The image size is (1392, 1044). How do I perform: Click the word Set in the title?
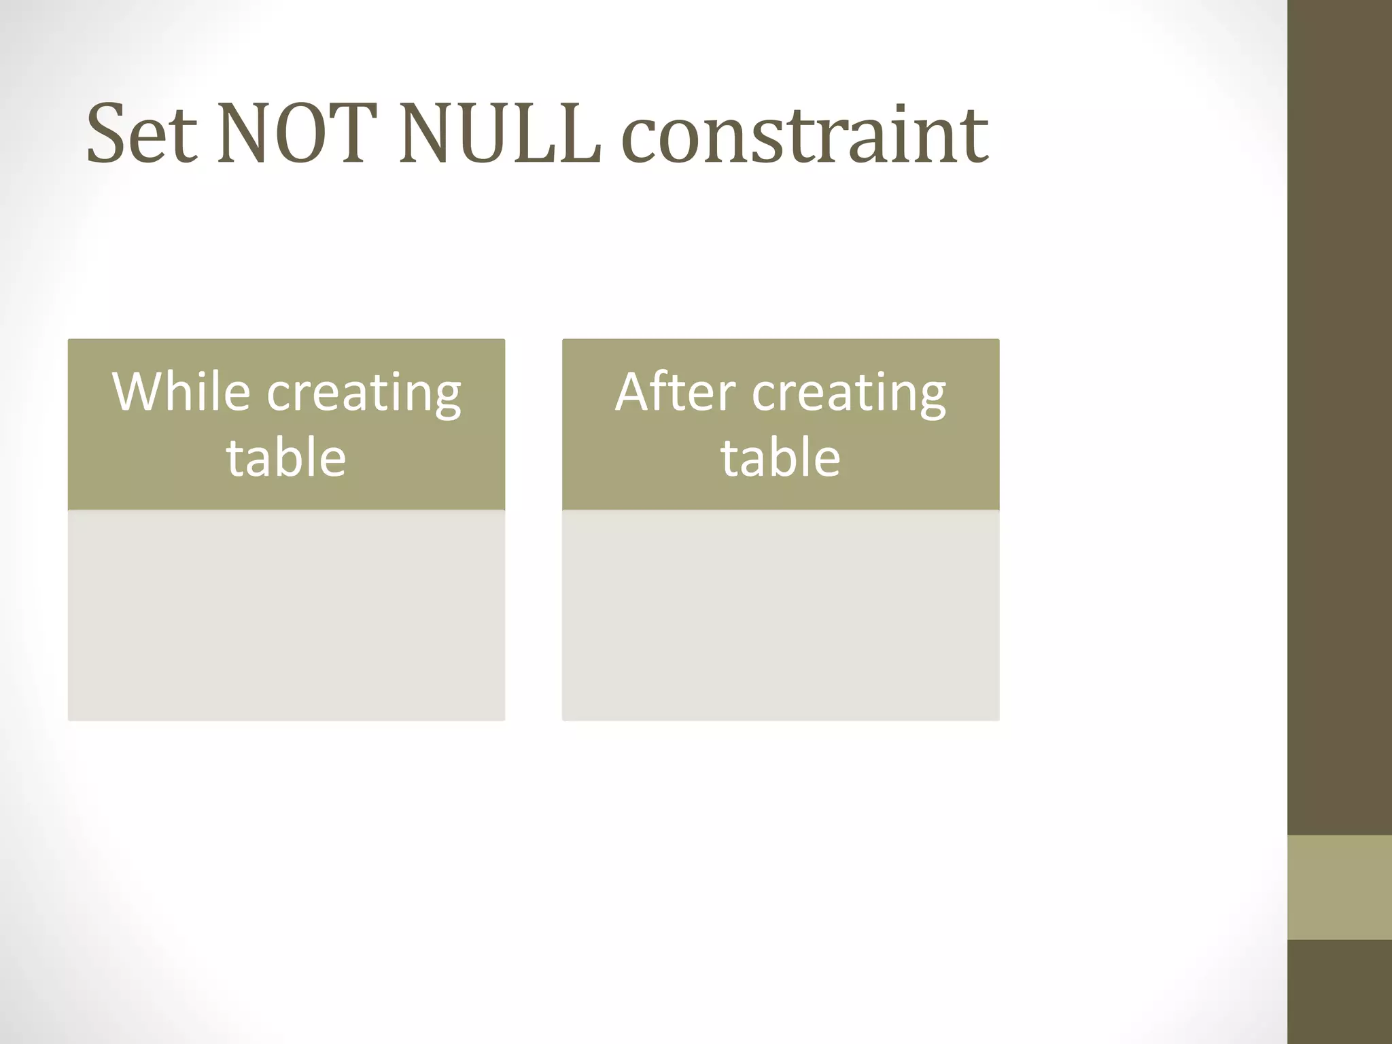point(142,134)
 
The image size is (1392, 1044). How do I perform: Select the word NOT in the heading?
point(297,134)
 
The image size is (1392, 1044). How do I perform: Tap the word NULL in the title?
point(500,134)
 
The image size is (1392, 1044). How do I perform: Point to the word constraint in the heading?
point(805,134)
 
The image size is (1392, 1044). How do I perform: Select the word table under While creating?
point(286,457)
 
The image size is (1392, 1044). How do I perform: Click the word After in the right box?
point(675,392)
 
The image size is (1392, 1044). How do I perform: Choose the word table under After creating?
point(780,457)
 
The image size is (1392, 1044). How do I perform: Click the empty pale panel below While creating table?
point(286,615)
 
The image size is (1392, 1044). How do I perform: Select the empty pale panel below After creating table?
point(780,615)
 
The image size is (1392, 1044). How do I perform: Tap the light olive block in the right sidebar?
point(1340,887)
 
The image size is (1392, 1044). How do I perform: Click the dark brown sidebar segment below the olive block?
point(1340,992)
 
